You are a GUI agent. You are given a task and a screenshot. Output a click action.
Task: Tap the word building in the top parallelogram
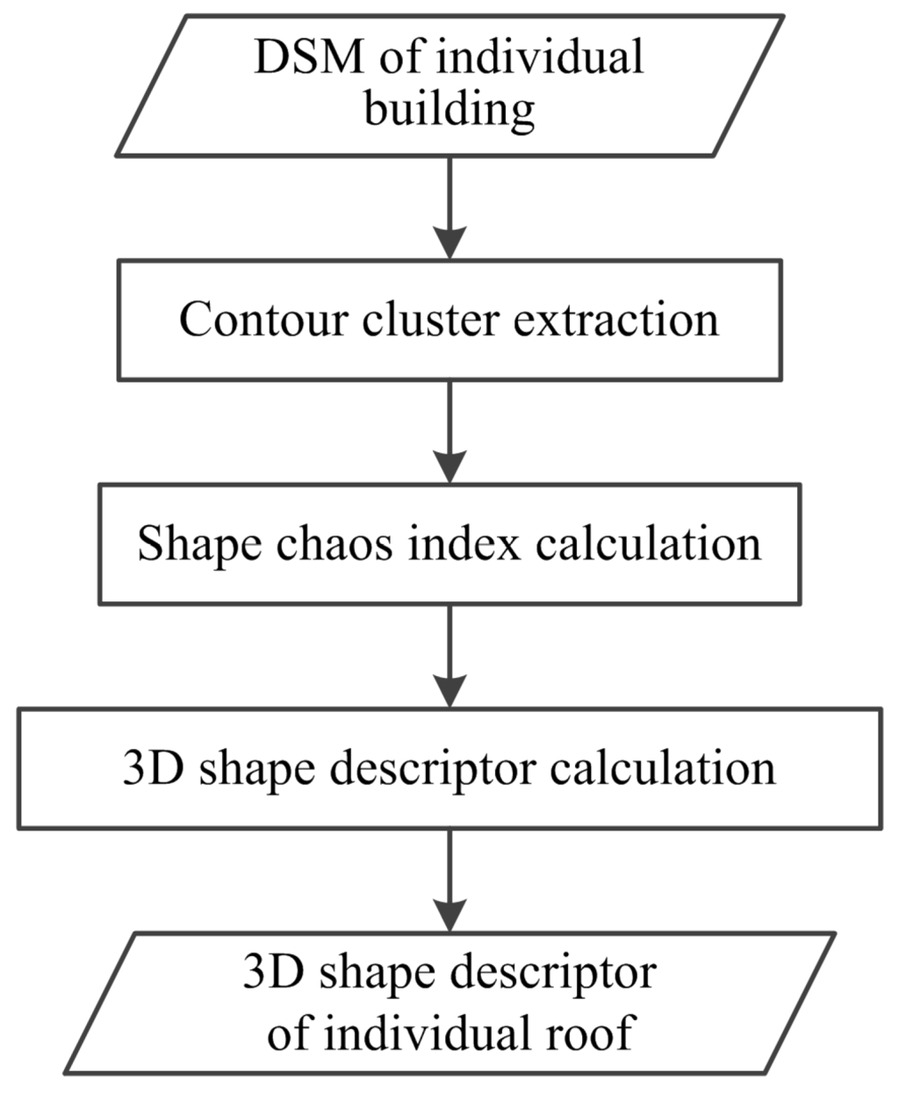449,111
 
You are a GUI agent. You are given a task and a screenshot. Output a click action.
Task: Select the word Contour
263,319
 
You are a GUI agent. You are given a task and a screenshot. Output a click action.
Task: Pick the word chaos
334,543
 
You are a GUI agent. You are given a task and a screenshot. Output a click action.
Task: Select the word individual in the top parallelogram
544,59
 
